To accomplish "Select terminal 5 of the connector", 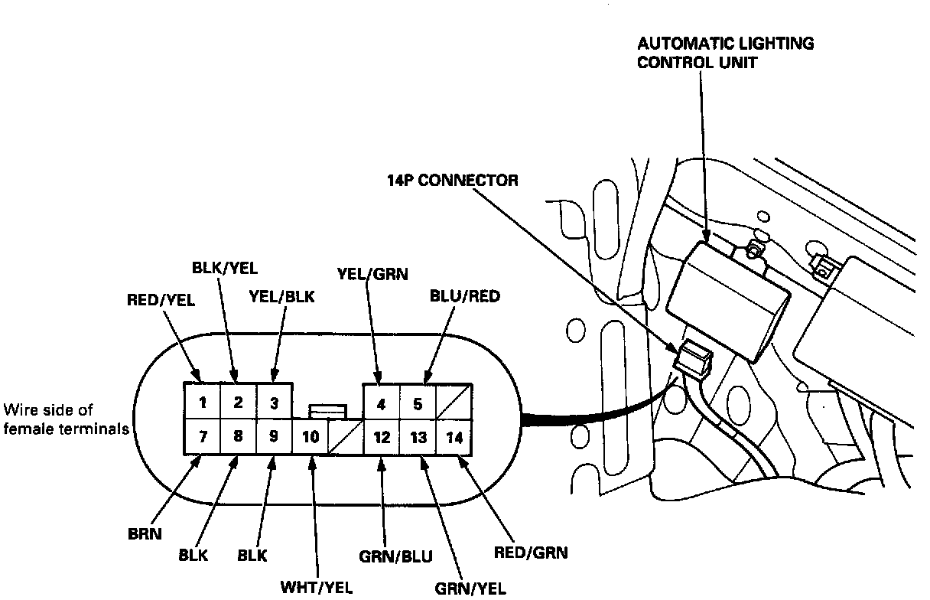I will (x=418, y=403).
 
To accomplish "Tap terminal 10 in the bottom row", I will (x=311, y=439).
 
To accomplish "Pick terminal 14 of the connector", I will (x=454, y=439).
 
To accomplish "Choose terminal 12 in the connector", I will (x=382, y=439).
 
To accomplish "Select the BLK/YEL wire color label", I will (x=224, y=268).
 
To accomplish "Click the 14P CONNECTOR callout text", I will (x=452, y=181).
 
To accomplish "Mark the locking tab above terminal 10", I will (x=327, y=412).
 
